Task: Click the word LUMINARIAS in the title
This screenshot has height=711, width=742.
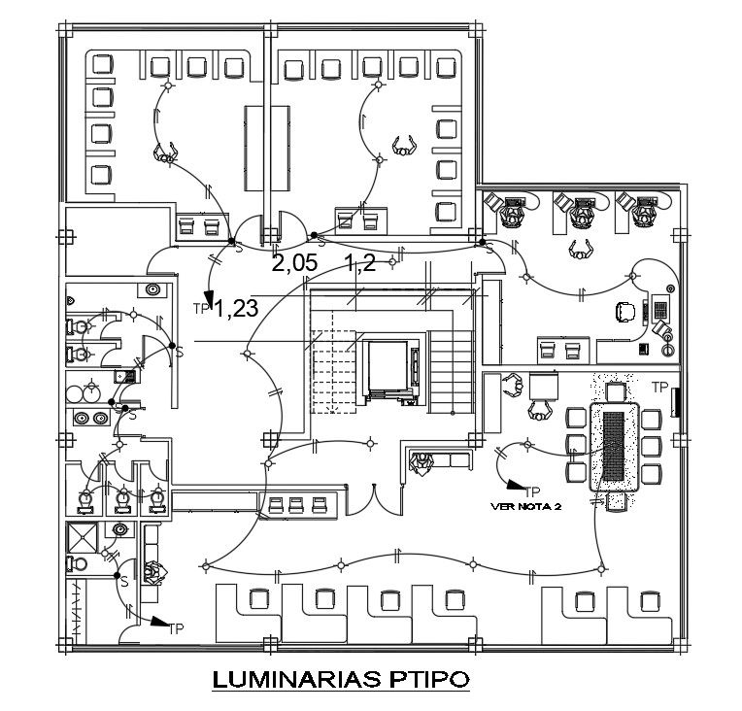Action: click(x=288, y=677)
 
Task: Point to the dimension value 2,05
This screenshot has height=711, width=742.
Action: click(x=293, y=264)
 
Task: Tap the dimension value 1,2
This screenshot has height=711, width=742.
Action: click(x=360, y=264)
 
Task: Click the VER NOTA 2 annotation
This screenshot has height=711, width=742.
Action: click(x=527, y=505)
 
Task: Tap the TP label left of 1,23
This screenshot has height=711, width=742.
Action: click(x=201, y=308)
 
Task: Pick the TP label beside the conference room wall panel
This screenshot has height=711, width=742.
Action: click(x=659, y=387)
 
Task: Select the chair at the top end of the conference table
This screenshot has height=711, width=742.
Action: click(x=614, y=391)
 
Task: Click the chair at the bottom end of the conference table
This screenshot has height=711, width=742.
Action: click(x=614, y=502)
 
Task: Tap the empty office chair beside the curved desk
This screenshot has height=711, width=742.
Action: click(x=624, y=311)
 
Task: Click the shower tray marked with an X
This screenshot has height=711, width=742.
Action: click(x=81, y=537)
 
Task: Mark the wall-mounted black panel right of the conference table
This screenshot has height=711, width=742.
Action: click(x=676, y=402)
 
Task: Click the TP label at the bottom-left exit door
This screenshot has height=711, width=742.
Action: click(x=177, y=628)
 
